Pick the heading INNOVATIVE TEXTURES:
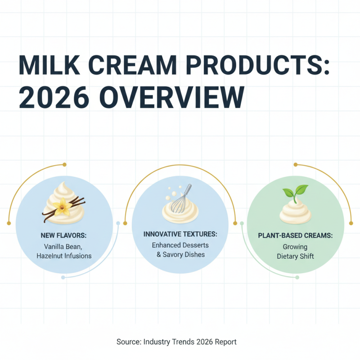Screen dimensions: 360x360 [180, 234]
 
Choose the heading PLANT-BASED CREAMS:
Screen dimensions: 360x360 [295, 236]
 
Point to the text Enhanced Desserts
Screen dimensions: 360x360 [180, 245]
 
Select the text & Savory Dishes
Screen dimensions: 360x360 [180, 255]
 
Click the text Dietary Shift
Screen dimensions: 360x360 [295, 256]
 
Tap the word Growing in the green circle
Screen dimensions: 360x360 [295, 247]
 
